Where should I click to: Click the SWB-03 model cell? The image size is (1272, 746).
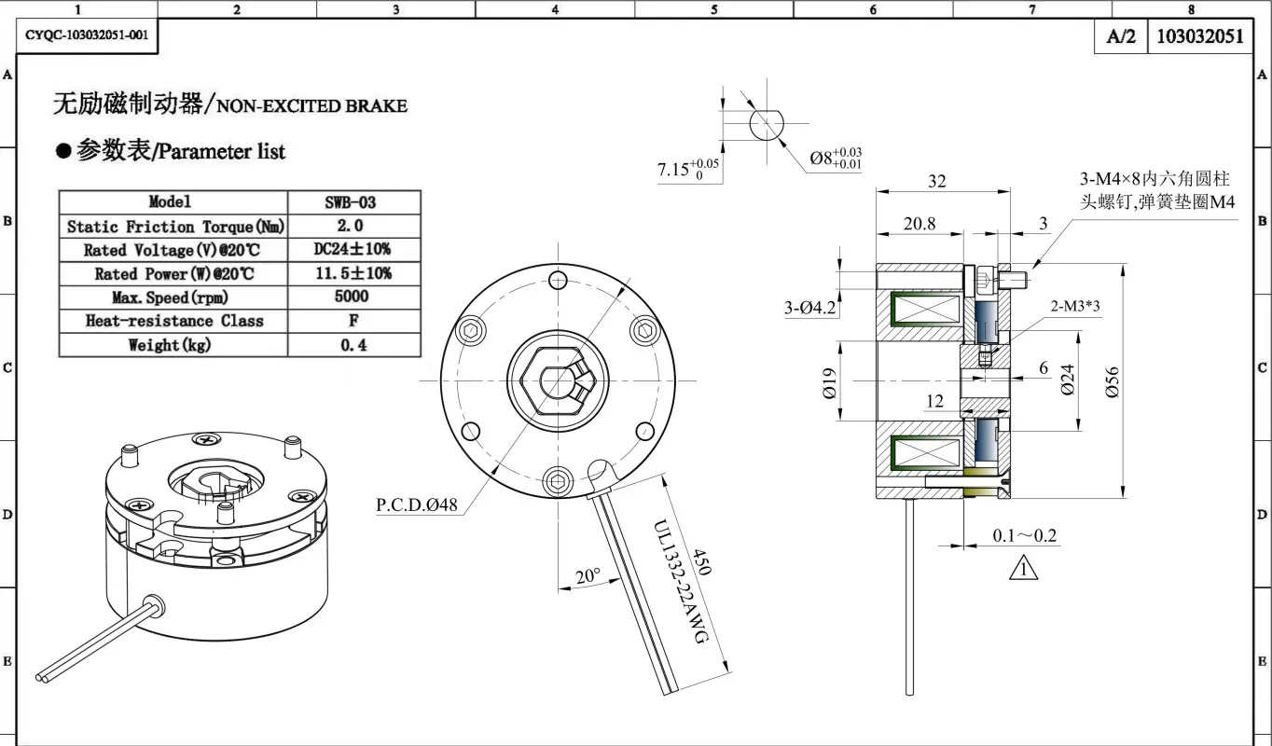coord(351,202)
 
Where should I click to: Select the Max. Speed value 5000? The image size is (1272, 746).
coord(352,297)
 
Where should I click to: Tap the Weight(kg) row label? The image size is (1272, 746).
coord(170,345)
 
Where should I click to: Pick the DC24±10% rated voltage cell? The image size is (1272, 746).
coord(353,249)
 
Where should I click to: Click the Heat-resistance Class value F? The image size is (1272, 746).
coord(353,321)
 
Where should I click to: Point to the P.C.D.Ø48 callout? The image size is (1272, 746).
coord(416,504)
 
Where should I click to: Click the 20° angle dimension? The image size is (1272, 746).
coord(588,575)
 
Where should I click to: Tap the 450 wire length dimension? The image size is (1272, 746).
coord(702,561)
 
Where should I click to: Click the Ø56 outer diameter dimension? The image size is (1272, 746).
coord(1112,382)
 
